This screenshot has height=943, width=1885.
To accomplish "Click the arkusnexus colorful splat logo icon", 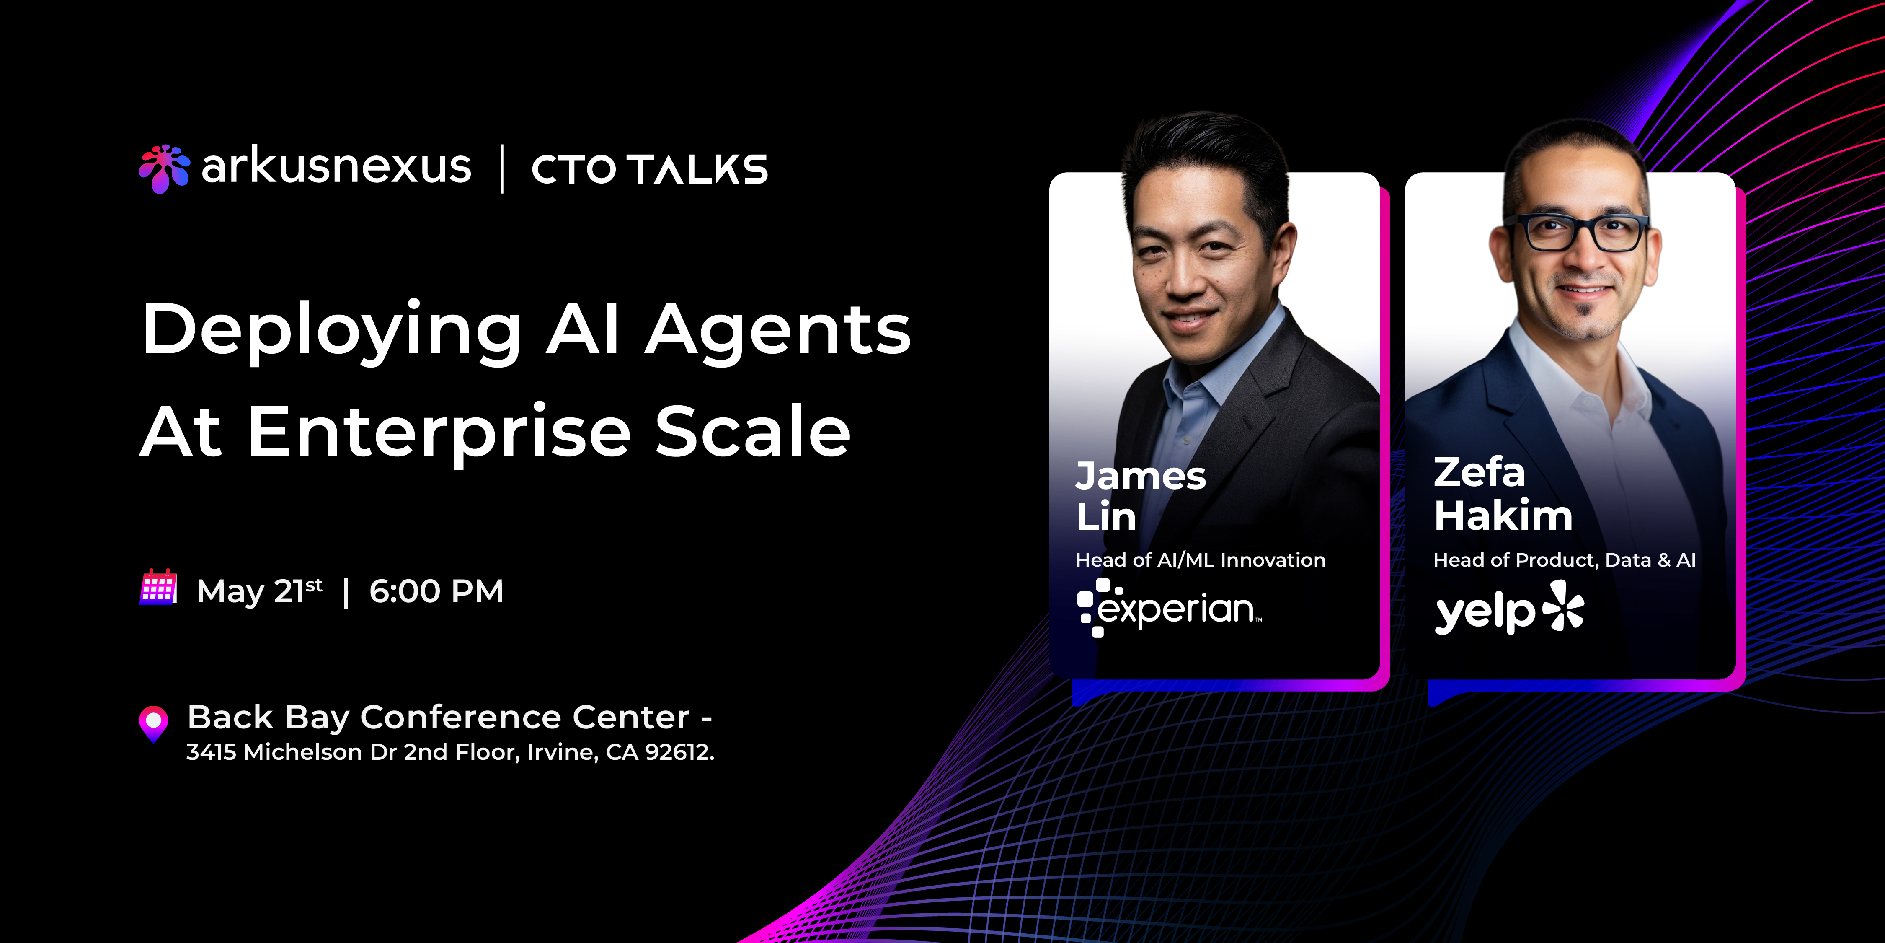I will pos(164,168).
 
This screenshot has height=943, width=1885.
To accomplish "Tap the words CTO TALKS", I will pos(649,169).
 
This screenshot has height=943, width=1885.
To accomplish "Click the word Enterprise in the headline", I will pos(439,432).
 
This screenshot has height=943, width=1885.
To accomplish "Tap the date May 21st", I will pos(259,591).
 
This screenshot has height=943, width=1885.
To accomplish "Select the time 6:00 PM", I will pos(436,591).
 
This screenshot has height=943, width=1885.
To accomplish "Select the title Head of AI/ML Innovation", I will pos(1200,560).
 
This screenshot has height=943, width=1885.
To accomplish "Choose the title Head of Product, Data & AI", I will pos(1564,560).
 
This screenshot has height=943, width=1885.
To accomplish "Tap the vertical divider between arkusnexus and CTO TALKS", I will pos(502,169).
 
